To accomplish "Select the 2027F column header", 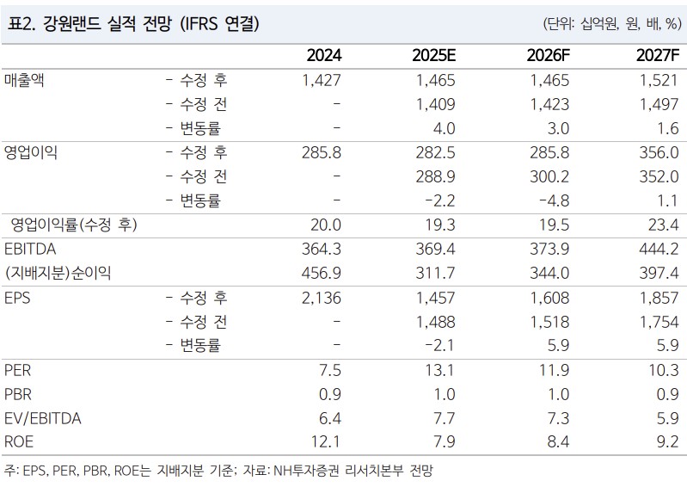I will [x=658, y=56].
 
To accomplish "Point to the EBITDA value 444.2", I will [x=659, y=250].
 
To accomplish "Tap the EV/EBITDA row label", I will [x=42, y=419].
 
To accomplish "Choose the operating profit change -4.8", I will [x=549, y=201].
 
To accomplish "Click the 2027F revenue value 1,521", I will [x=659, y=80].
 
